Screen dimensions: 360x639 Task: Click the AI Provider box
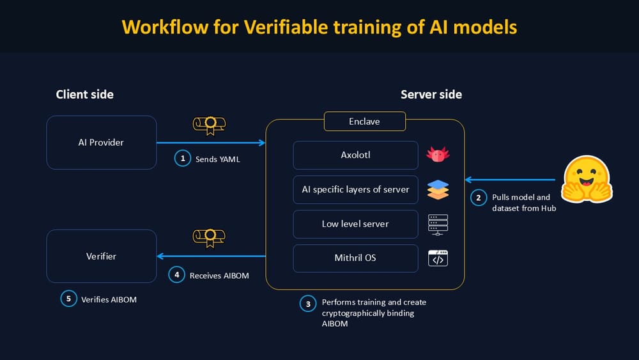(101, 143)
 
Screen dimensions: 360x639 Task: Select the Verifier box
(101, 256)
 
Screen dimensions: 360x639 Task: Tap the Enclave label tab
(365, 121)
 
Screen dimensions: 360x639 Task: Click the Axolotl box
(355, 155)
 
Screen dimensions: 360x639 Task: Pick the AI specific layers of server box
(355, 190)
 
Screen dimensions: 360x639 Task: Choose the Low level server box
(355, 224)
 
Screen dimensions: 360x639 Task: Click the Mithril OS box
(355, 258)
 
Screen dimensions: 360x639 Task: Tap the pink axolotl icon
(438, 155)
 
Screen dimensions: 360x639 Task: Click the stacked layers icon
(438, 190)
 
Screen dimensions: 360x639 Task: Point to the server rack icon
(438, 224)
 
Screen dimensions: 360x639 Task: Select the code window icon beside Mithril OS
(438, 258)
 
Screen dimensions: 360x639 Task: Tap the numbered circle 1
(183, 159)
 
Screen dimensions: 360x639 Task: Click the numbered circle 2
(478, 198)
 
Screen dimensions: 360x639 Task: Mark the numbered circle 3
(307, 304)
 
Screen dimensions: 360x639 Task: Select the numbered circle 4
(176, 276)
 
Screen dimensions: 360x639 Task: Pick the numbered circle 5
(68, 299)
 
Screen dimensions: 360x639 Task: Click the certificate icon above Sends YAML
(210, 125)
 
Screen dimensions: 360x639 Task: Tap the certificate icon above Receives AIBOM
(210, 237)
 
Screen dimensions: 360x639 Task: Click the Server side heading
(431, 95)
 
